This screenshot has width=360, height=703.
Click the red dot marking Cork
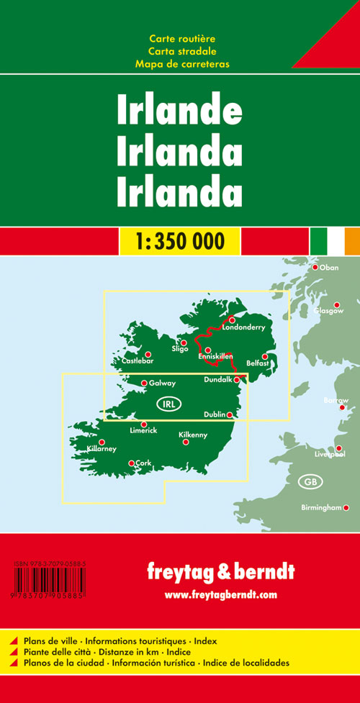point(130,463)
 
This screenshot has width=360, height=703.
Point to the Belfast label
point(256,364)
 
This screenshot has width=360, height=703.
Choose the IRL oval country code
point(166,402)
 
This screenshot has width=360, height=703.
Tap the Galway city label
point(162,384)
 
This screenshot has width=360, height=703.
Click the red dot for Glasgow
point(336,304)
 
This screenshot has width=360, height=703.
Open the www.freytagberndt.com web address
point(220,594)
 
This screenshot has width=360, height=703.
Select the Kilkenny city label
point(192,435)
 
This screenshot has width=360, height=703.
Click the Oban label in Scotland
point(328,268)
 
